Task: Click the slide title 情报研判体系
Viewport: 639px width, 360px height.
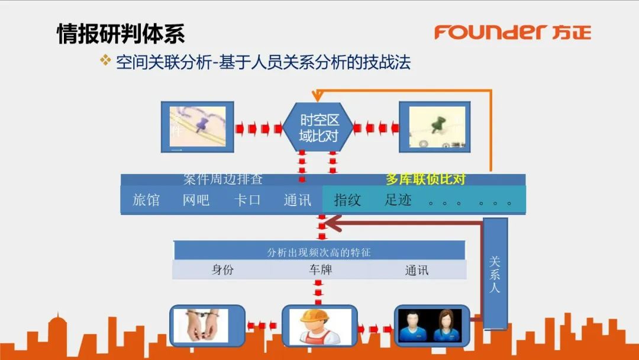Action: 121,34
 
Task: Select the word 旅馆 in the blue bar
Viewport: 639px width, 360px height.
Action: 146,200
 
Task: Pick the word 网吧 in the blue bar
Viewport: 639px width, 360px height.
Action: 196,200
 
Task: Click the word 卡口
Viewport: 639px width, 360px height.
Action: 247,200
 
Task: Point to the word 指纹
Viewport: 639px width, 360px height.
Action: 347,200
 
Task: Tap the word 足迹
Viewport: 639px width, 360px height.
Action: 398,200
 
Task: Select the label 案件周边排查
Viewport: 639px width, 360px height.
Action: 222,179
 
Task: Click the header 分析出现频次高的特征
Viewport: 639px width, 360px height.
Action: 319,252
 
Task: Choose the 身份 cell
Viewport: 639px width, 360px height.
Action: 222,270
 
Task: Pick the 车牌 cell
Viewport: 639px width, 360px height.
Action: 319,270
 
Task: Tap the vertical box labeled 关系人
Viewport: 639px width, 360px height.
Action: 495,274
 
